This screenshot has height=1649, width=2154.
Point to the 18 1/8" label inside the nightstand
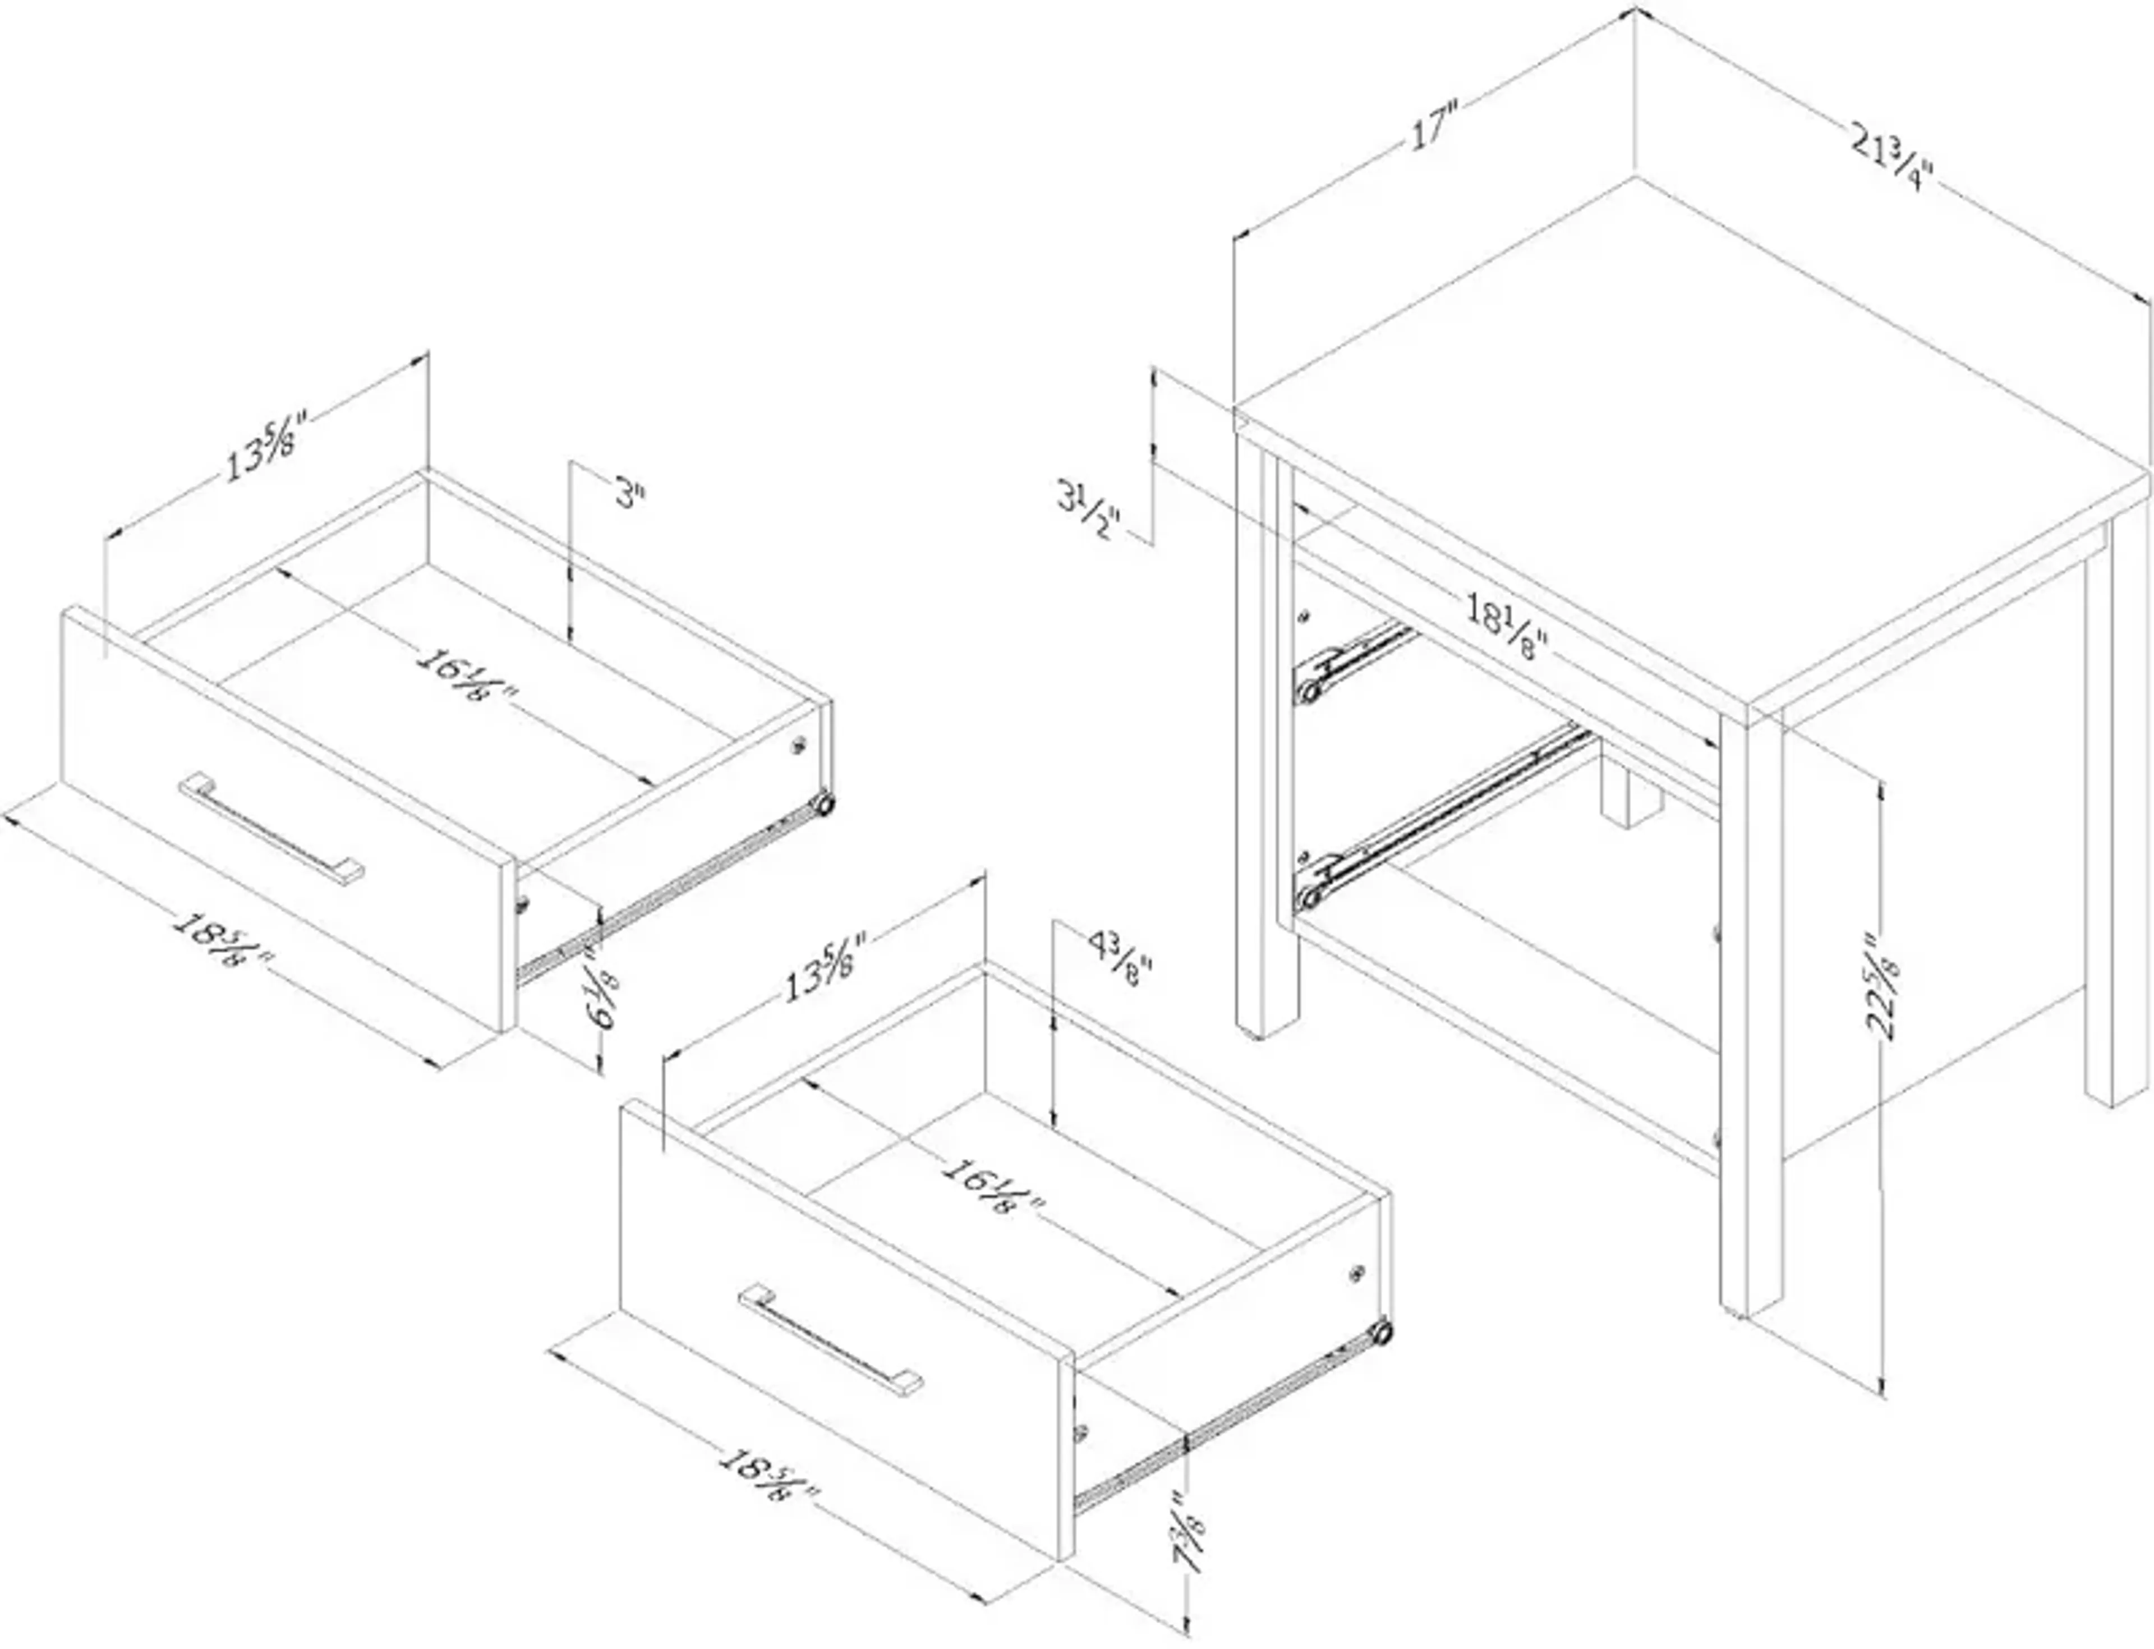coord(1506,628)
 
